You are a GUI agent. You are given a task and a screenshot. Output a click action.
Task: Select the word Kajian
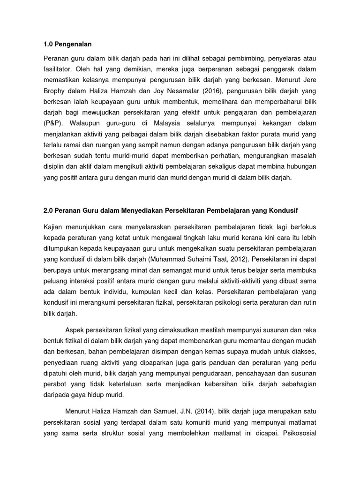[52, 227]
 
